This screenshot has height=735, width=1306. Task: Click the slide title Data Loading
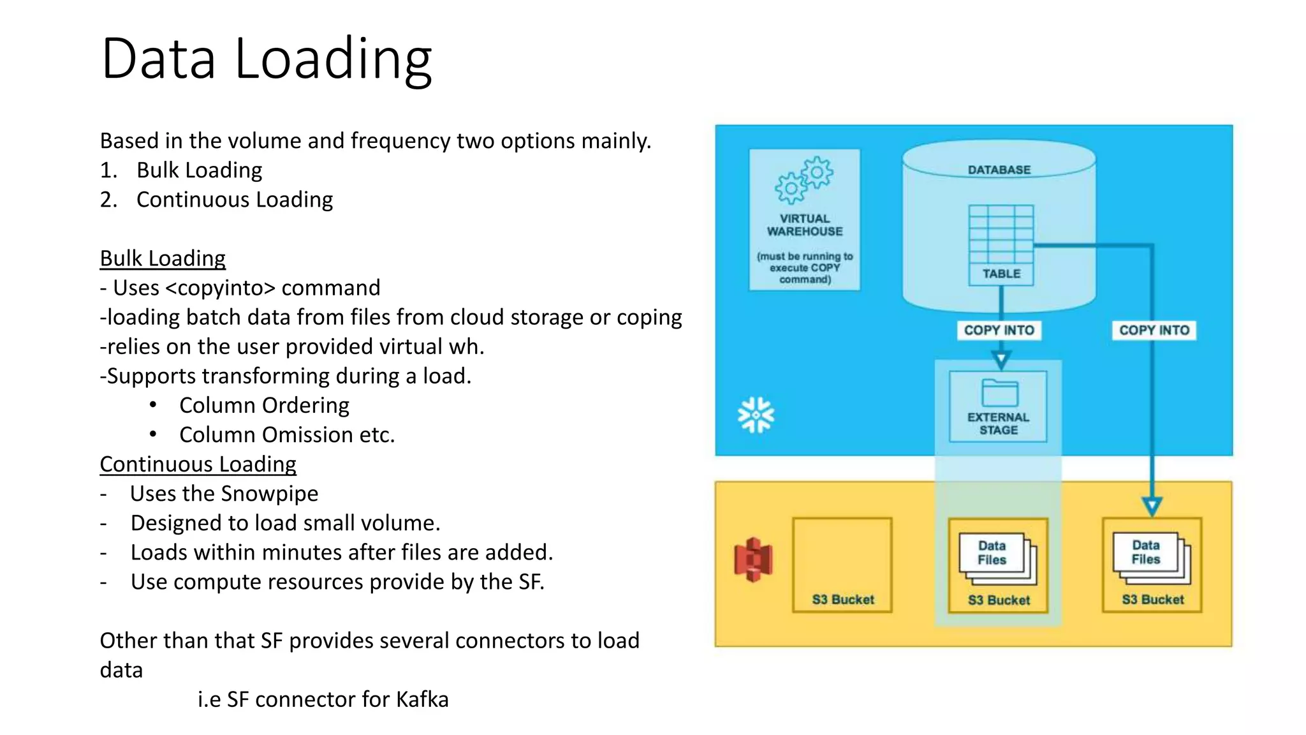click(x=267, y=59)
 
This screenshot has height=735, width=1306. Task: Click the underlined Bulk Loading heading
click(x=163, y=258)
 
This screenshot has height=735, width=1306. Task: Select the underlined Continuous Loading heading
click(x=198, y=464)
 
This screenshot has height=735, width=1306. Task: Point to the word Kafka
click(x=422, y=699)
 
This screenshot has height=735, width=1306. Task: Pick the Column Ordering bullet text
click(x=264, y=406)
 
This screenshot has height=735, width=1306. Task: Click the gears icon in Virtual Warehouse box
click(x=803, y=181)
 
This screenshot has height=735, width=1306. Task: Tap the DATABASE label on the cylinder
click(x=999, y=170)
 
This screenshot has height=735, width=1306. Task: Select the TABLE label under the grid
click(x=1001, y=274)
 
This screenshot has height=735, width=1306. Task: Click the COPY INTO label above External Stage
click(x=999, y=330)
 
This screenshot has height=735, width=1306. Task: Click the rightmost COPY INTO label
click(x=1154, y=330)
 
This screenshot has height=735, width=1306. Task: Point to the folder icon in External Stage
click(x=999, y=393)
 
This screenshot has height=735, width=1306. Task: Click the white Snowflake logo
click(x=756, y=415)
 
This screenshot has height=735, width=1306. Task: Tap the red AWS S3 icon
click(x=753, y=560)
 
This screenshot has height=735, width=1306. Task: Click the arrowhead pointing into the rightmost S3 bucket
click(x=1152, y=507)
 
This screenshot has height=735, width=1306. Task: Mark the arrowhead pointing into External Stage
click(x=1001, y=360)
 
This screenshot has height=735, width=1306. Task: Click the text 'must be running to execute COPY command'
click(x=805, y=268)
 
